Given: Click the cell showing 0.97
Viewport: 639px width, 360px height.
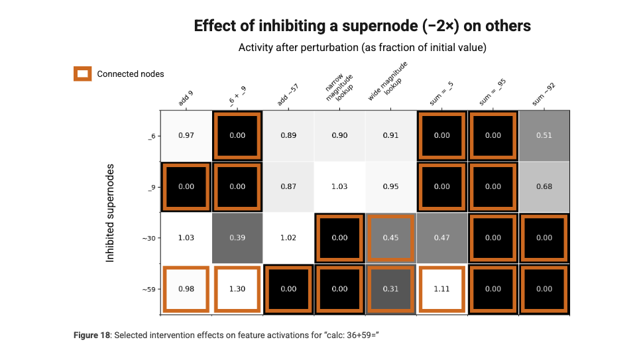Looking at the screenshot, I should tap(186, 135).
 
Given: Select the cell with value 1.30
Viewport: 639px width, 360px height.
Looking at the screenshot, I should tap(237, 288).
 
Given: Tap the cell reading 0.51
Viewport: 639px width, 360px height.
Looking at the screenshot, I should tap(544, 135).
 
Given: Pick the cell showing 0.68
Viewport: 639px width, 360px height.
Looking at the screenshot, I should tap(544, 186).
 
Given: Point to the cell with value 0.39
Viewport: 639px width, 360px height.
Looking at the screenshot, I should tap(237, 237).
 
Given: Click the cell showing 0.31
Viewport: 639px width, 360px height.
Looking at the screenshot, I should tap(390, 288).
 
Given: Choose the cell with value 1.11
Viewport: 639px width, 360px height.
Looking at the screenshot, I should tap(441, 288).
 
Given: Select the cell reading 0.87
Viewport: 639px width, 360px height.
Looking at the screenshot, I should tap(288, 186).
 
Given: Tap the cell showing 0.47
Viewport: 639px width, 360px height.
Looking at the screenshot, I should tap(441, 237).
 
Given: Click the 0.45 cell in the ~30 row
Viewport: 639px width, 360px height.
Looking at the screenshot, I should tap(390, 237).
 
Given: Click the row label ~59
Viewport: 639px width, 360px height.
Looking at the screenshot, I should tap(148, 289).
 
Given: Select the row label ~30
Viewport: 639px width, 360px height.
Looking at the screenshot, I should tap(148, 238).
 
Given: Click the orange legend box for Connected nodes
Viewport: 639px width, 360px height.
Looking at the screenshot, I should tap(82, 74).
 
